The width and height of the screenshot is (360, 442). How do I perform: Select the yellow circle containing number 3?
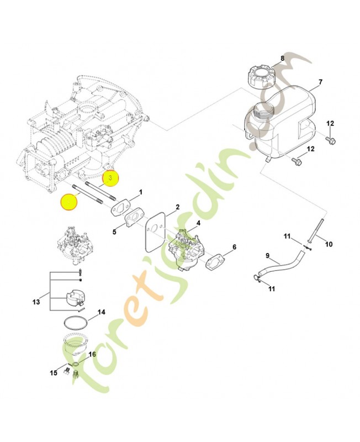pos(110,178)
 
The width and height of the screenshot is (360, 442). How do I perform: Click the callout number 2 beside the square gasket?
pos(177,207)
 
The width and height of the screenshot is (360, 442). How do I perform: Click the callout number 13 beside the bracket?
pos(36,302)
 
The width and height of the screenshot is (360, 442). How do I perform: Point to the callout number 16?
pos(92,354)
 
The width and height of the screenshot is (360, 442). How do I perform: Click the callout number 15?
pos(54,373)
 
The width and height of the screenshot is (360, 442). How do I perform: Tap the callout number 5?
pos(114,232)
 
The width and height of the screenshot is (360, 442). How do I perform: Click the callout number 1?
pos(140,192)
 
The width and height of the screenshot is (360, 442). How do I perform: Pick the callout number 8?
pos(282,58)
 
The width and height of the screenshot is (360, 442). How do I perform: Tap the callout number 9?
pos(267,255)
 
